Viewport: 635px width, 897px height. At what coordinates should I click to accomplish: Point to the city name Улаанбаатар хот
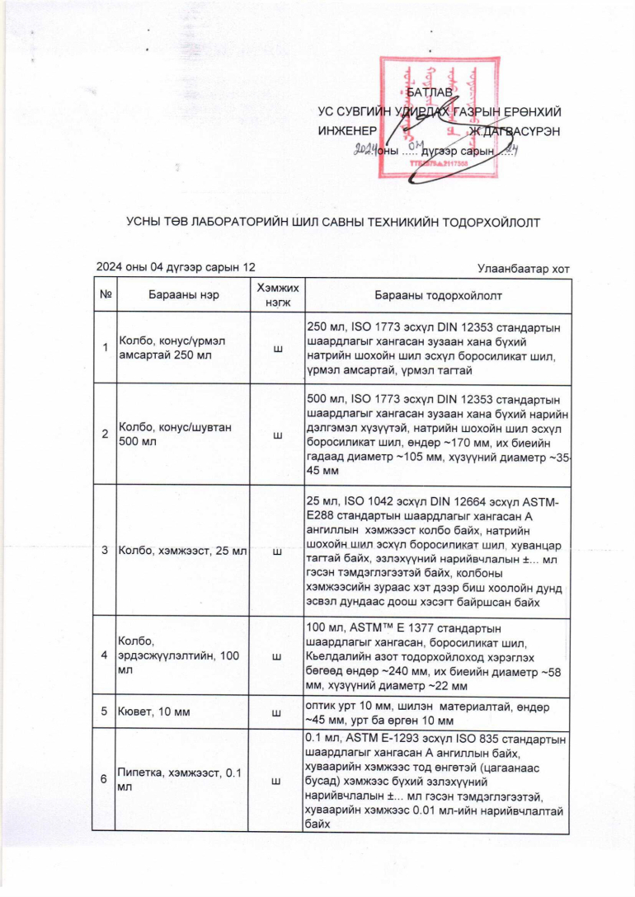(x=524, y=268)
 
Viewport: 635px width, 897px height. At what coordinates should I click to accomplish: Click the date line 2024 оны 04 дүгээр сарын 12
(x=176, y=267)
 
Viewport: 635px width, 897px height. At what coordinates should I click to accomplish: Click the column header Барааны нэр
(x=178, y=295)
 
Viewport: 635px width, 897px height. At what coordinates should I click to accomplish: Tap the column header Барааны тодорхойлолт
(x=438, y=295)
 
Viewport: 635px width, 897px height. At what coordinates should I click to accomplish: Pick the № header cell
(x=106, y=295)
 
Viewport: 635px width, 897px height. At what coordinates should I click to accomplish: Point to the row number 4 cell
(x=106, y=655)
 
